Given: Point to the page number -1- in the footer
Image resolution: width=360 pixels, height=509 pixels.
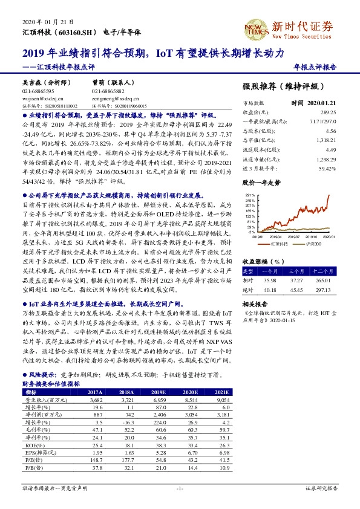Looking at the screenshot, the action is point(180,487).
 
